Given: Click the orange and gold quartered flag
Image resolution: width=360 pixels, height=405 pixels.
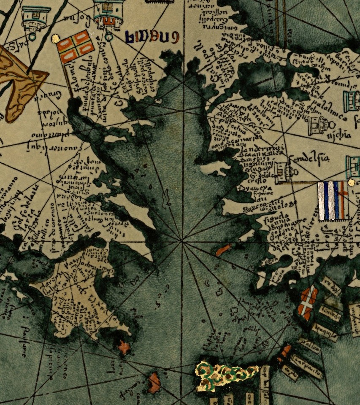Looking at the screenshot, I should [x=76, y=46].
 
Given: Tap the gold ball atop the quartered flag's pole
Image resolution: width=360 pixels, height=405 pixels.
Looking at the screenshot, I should [x=55, y=38].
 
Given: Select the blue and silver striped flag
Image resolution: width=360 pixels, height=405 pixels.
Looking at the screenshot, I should [x=333, y=201].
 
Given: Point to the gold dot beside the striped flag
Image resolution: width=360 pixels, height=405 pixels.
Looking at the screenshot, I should [x=351, y=182].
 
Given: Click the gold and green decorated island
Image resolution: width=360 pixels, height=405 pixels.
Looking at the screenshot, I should [x=226, y=373].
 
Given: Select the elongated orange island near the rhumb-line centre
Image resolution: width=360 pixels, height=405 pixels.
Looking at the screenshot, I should [x=223, y=250].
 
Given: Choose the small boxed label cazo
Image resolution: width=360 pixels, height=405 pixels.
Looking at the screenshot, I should [x=290, y=373].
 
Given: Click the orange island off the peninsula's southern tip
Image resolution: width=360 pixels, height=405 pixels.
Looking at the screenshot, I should [x=124, y=348].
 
